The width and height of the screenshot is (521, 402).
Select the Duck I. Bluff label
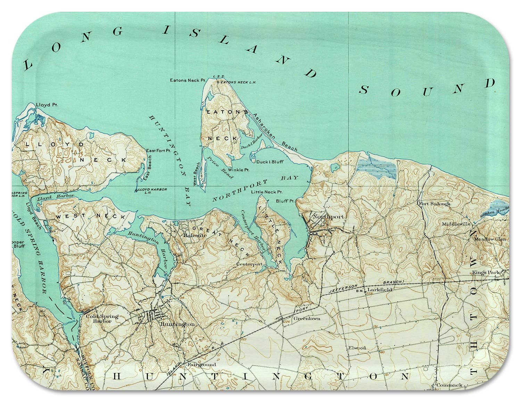(x=270, y=162)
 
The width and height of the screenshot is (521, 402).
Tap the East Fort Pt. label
(x=158, y=151)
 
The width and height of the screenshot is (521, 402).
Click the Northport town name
(x=328, y=217)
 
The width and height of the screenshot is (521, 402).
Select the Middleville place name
(x=456, y=224)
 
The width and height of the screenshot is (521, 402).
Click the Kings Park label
(x=486, y=273)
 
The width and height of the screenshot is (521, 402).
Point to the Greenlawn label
(x=307, y=318)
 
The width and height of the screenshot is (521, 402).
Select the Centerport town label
(x=249, y=264)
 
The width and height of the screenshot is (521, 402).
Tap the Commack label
(x=449, y=385)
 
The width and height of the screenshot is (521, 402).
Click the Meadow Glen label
(x=490, y=239)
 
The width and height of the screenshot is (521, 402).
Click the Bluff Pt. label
(x=285, y=201)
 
